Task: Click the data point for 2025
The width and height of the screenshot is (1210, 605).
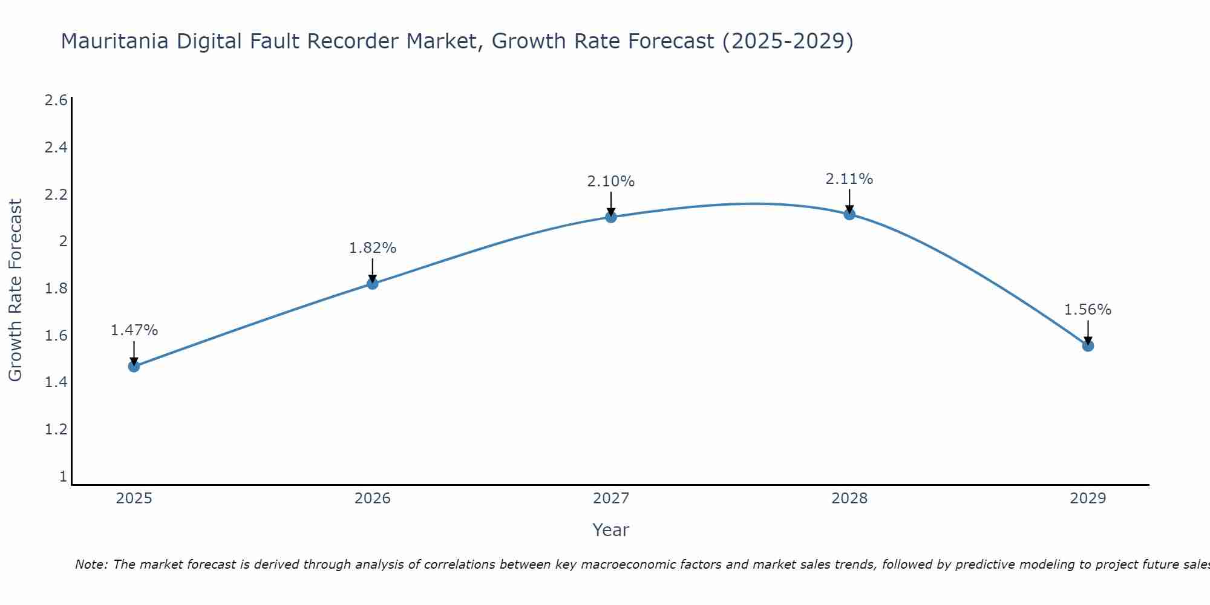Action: (134, 366)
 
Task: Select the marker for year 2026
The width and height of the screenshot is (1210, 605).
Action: (373, 283)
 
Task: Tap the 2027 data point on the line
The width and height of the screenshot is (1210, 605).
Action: (611, 217)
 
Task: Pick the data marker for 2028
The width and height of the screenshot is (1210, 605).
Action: (849, 214)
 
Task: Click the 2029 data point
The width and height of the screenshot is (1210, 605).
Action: (1088, 345)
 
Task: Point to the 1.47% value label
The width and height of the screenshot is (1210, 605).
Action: (134, 330)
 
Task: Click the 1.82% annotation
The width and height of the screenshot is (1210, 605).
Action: (373, 248)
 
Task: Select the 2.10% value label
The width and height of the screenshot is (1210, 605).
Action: (611, 181)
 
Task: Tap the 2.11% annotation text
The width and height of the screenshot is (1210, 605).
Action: (849, 179)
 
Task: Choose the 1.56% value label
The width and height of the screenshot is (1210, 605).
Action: (1088, 310)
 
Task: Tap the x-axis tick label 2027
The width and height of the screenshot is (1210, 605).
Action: (611, 499)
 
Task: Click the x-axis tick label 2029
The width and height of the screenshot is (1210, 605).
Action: (1088, 499)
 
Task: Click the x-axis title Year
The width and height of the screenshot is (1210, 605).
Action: (611, 530)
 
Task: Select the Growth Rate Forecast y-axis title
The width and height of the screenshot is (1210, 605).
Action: (16, 290)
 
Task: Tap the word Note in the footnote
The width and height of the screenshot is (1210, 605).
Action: (91, 564)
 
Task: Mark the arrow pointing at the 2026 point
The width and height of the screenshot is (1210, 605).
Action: (373, 270)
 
